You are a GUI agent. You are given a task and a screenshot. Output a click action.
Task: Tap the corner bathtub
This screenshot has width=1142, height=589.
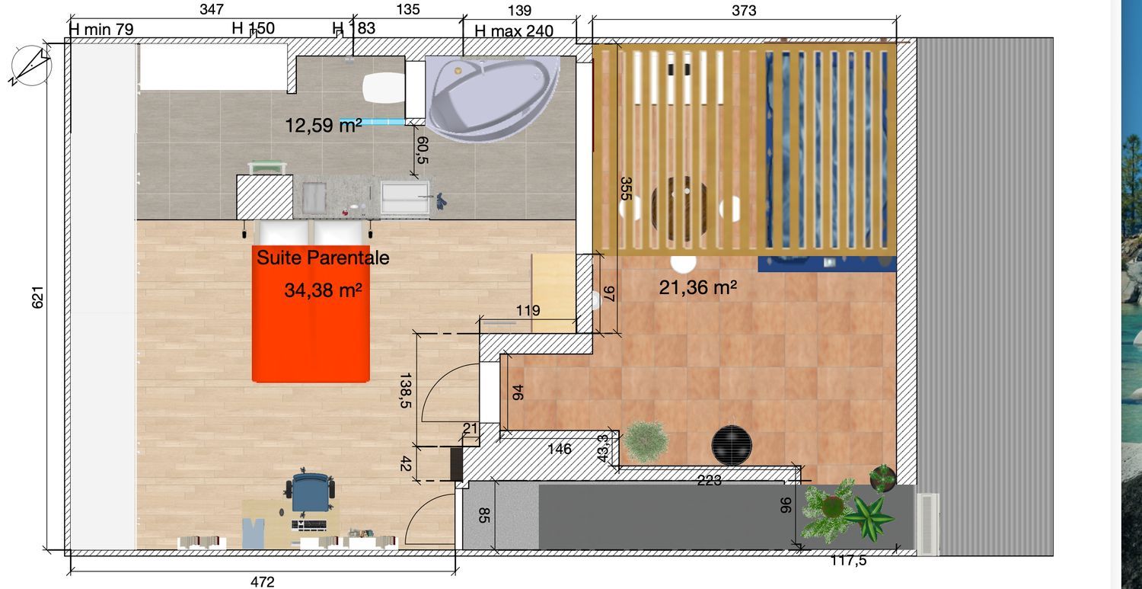pyautogui.click(x=493, y=97)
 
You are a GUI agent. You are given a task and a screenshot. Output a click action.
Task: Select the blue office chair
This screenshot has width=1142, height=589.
pyautogui.click(x=310, y=491)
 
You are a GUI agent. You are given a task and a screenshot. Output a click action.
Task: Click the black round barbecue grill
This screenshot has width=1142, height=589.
pyautogui.click(x=732, y=445)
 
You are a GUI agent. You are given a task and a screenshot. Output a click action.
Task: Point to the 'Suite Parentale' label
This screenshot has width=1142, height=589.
pyautogui.click(x=323, y=258)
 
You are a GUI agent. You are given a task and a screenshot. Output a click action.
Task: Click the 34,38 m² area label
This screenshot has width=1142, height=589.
pyautogui.click(x=324, y=290)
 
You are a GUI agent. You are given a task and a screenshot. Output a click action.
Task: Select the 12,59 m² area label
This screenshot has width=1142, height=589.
pyautogui.click(x=324, y=125)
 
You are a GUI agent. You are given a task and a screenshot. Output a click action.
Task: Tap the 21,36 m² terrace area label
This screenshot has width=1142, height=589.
pyautogui.click(x=698, y=288)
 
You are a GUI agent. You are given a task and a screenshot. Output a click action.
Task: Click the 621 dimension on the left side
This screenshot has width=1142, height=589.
pyautogui.click(x=38, y=297)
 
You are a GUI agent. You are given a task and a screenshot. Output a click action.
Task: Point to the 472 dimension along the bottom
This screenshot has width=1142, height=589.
pyautogui.click(x=263, y=581)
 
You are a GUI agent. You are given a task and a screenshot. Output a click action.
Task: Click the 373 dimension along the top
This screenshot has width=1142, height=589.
pyautogui.click(x=744, y=11)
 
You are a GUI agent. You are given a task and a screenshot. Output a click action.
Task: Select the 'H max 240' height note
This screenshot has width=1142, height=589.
pyautogui.click(x=514, y=31)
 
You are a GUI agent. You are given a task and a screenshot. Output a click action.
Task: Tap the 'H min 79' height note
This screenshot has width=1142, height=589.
pyautogui.click(x=101, y=30)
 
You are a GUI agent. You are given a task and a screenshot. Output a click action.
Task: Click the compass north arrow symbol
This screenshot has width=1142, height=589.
pyautogui.click(x=31, y=66)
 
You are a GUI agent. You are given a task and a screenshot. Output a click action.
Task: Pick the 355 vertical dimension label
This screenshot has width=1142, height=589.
pyautogui.click(x=626, y=188)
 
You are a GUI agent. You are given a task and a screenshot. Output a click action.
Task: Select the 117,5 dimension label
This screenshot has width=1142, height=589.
pyautogui.click(x=848, y=560)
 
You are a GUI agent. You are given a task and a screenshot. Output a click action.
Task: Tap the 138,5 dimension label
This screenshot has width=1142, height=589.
pyautogui.click(x=405, y=390)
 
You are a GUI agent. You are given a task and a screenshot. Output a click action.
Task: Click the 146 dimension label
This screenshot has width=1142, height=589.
pyautogui.click(x=560, y=449)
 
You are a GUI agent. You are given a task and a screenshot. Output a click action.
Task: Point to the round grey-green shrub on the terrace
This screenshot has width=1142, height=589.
pyautogui.click(x=646, y=442)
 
